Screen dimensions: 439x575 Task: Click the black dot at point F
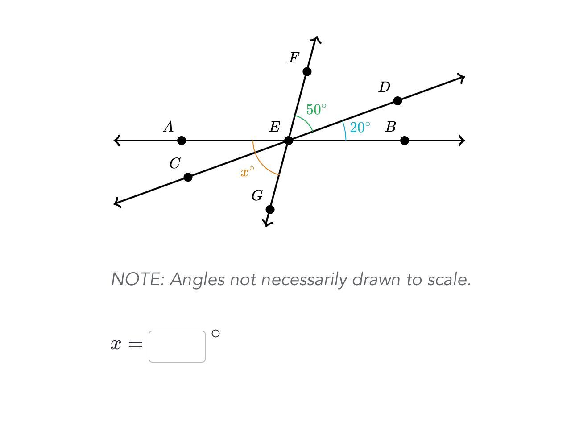click(x=307, y=71)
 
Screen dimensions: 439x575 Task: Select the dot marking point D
click(x=397, y=101)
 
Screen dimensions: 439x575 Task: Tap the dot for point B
click(x=405, y=141)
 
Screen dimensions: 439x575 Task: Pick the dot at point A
click(x=182, y=141)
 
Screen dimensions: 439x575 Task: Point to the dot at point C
click(x=188, y=177)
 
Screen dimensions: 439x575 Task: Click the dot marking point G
click(x=270, y=209)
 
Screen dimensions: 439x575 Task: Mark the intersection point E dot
click(x=289, y=141)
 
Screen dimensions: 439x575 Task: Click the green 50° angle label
click(x=316, y=109)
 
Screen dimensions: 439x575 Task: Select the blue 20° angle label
click(x=360, y=128)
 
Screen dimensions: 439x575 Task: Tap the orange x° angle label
click(x=247, y=172)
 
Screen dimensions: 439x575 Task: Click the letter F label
click(x=294, y=58)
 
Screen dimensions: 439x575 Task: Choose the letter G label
click(x=257, y=195)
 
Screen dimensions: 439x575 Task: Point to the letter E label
click(x=274, y=127)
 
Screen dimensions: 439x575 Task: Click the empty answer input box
click(x=177, y=347)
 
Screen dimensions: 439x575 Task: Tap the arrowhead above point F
click(x=317, y=40)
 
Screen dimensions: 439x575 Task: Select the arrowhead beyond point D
click(x=462, y=79)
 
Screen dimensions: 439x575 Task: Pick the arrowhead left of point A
click(x=117, y=141)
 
